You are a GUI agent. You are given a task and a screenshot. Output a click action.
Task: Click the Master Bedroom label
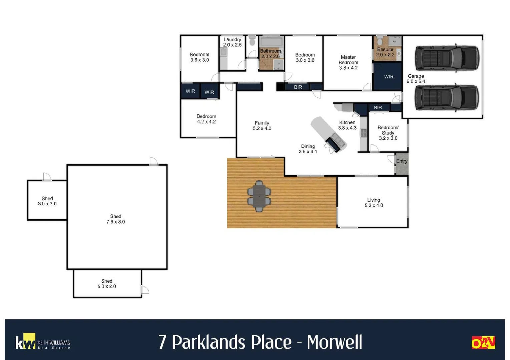(x=348, y=62)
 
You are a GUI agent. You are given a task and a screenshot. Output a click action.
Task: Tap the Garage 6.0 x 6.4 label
(x=416, y=79)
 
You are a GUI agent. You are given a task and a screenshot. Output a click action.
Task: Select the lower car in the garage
(x=447, y=97)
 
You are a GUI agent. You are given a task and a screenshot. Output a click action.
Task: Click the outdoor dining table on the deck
(x=259, y=196)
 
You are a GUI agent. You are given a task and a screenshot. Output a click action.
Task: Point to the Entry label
(x=402, y=161)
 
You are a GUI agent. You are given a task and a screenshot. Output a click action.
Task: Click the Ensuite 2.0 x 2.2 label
(x=385, y=52)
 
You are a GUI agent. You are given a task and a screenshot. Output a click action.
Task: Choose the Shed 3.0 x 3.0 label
(x=47, y=201)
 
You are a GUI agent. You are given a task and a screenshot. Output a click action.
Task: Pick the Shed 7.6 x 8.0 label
(x=116, y=219)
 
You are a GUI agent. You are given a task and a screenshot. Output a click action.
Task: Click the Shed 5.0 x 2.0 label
(x=107, y=284)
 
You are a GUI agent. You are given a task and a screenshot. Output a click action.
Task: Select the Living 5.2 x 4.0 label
(x=374, y=203)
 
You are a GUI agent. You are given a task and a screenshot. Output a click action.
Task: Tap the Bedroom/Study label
(x=388, y=133)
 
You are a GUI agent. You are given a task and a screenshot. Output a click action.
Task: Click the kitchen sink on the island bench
(x=336, y=141)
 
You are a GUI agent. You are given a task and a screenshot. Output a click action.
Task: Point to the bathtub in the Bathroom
(x=271, y=42)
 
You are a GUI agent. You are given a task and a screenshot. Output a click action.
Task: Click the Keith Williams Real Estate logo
(x=43, y=342)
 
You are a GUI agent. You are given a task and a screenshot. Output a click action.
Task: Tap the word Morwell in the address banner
(x=334, y=342)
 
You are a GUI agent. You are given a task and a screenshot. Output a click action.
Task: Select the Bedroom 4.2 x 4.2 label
(x=206, y=119)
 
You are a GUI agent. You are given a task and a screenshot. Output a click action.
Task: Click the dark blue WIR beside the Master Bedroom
(x=388, y=77)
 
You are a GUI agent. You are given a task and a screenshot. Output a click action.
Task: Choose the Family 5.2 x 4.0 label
(x=262, y=126)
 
